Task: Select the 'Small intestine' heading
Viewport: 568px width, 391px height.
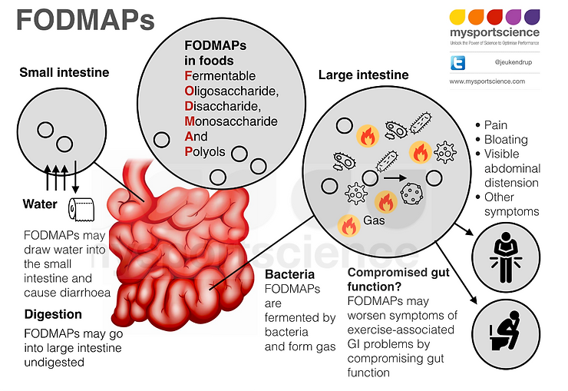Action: (64, 73)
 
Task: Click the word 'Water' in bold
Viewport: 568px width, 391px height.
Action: (40, 204)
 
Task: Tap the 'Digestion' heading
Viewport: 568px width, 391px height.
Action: (53, 314)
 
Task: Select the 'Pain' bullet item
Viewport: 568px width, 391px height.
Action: (495, 125)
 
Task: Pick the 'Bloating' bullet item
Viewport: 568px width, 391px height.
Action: (505, 140)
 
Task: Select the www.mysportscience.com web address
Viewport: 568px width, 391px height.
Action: (487, 81)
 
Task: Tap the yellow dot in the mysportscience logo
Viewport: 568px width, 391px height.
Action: (457, 15)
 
